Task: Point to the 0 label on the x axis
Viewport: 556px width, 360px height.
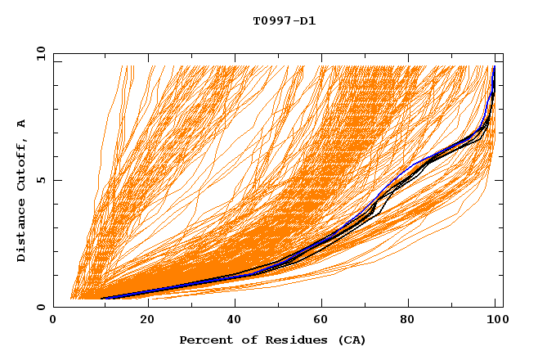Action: [x=53, y=322]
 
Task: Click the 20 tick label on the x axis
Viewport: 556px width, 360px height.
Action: [x=146, y=322]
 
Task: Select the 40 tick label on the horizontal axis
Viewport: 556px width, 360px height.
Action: [x=235, y=322]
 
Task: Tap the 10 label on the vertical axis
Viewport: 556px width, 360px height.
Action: [x=38, y=53]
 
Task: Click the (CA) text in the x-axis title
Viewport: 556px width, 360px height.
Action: [x=349, y=340]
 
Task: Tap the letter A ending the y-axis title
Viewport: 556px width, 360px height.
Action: [x=21, y=124]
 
